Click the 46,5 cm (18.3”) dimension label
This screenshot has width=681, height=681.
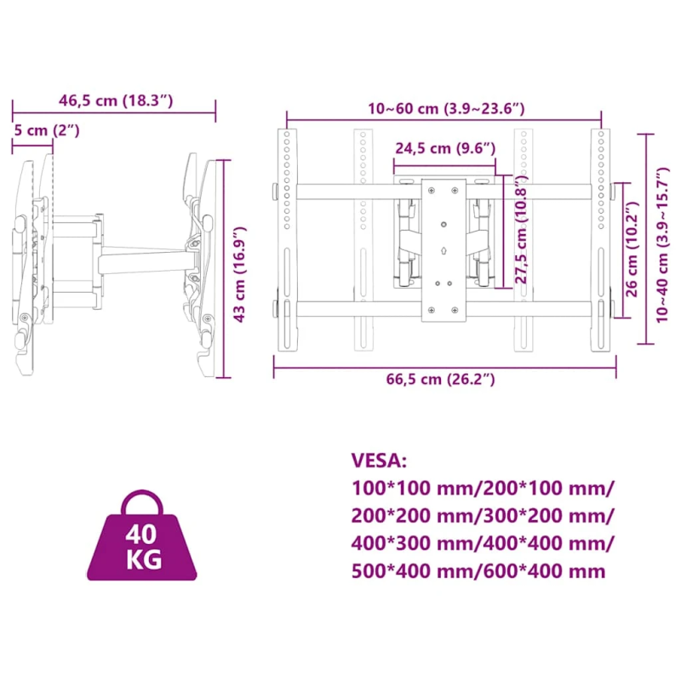(x=116, y=100)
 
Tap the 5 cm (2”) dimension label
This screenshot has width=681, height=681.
(x=48, y=130)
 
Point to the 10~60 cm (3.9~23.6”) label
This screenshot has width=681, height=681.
(x=445, y=108)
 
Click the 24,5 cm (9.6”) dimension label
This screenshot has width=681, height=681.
(x=445, y=148)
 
